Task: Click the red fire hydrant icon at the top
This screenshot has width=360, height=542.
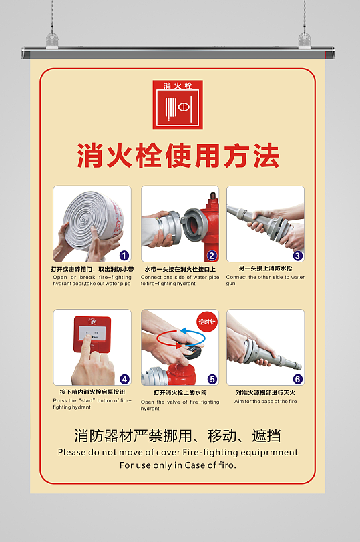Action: click(x=178, y=105)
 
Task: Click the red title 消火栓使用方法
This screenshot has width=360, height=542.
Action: click(x=178, y=156)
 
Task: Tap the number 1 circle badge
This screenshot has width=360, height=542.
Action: click(x=124, y=255)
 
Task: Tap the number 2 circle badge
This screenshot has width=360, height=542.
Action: click(x=212, y=255)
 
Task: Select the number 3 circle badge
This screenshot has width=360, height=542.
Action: click(x=298, y=255)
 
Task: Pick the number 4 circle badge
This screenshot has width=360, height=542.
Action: click(x=124, y=379)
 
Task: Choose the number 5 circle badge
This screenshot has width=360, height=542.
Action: click(x=212, y=379)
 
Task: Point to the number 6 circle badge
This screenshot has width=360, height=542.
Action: click(x=298, y=379)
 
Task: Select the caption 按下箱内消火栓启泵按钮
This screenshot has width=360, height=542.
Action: click(x=92, y=392)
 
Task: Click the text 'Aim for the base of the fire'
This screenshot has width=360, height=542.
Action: click(x=266, y=402)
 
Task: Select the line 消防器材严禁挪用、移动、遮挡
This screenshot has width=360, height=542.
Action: click(x=178, y=436)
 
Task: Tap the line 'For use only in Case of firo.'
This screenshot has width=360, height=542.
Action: click(x=178, y=465)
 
